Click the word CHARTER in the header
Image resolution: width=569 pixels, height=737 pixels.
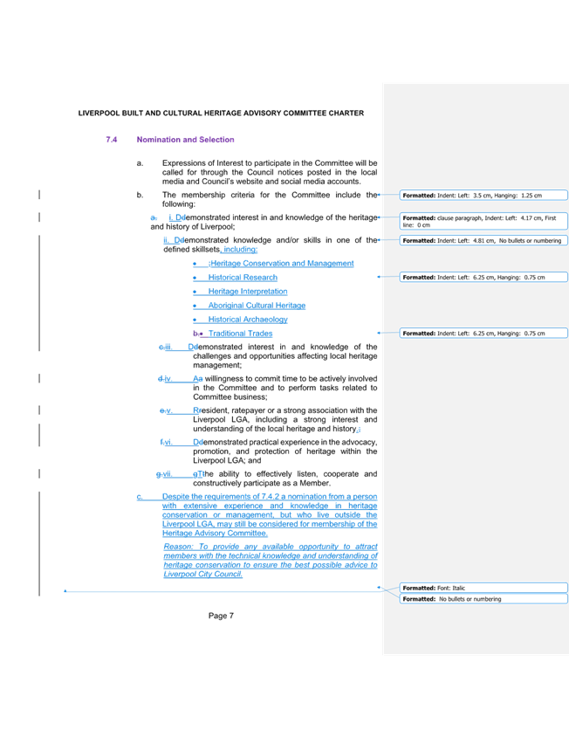pyautogui.click(x=347, y=114)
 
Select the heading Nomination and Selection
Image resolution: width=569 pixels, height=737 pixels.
pyautogui.click(x=185, y=140)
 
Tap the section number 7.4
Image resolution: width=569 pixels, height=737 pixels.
pyautogui.click(x=111, y=140)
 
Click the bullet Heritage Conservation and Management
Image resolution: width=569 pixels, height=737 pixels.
pyautogui.click(x=281, y=263)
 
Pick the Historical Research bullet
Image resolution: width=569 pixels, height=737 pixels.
pyautogui.click(x=243, y=277)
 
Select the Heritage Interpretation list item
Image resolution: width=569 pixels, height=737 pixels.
pyautogui.click(x=248, y=291)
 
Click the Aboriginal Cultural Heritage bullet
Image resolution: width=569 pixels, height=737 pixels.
pyautogui.click(x=257, y=306)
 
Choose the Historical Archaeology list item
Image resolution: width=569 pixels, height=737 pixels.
pyautogui.click(x=248, y=320)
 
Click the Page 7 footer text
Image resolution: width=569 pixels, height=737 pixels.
pyautogui.click(x=223, y=616)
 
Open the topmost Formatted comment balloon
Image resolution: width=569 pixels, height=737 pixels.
pyautogui.click(x=483, y=195)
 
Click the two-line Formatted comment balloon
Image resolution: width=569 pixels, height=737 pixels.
pyautogui.click(x=483, y=220)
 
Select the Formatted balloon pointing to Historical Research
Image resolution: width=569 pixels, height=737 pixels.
pyautogui.click(x=483, y=277)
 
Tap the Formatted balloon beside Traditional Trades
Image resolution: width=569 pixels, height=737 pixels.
pyautogui.click(x=483, y=334)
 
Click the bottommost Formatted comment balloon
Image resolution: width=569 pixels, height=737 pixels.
pyautogui.click(x=483, y=599)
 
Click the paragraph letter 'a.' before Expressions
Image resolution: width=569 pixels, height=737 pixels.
pyautogui.click(x=139, y=162)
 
